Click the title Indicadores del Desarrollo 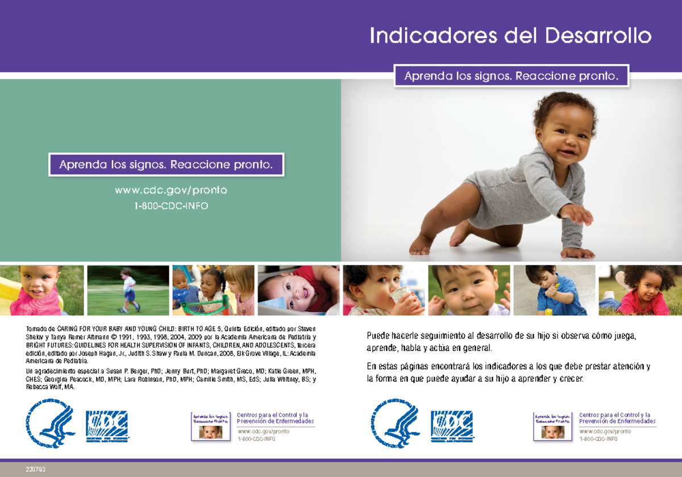click(510, 36)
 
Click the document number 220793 click(35, 470)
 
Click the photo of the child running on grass click(128, 290)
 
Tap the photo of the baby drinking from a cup click(384, 290)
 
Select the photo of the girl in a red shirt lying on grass click(640, 290)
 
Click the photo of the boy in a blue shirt click(554, 290)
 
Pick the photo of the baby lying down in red click(298, 290)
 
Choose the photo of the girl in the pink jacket click(42, 290)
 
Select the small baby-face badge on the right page click(552, 427)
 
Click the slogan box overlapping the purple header click(511, 76)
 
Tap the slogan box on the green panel click(166, 165)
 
